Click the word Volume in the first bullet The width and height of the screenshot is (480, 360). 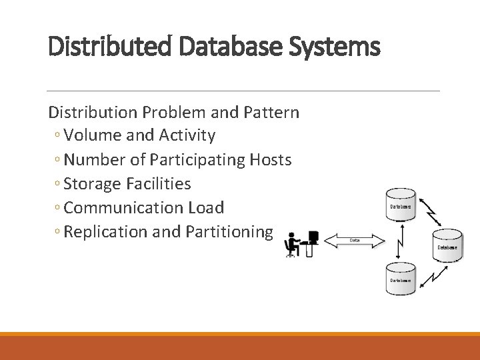point(93,135)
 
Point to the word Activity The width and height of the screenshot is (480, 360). point(187,135)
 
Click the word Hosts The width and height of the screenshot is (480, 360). point(270,159)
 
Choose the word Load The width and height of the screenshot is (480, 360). point(206,207)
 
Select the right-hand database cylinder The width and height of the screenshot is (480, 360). point(447,245)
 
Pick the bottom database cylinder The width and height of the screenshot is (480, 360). point(401,278)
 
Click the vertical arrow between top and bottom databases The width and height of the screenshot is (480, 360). point(399,241)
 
